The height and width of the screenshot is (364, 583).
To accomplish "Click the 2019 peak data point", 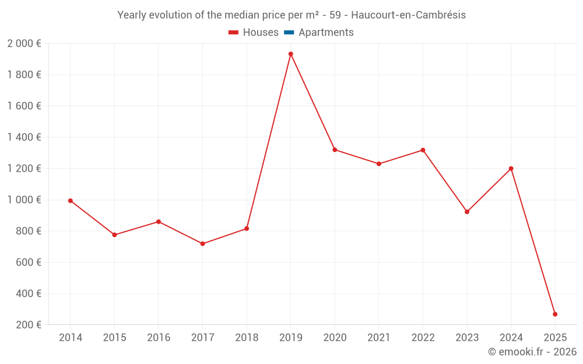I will (290, 54).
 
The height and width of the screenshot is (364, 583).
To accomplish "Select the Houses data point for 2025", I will (555, 314).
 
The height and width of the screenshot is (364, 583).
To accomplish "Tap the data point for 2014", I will (71, 201).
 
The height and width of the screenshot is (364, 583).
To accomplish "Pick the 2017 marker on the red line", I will (202, 244).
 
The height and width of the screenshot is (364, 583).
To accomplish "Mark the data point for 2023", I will (467, 212).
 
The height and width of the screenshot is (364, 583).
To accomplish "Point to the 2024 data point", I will (511, 169).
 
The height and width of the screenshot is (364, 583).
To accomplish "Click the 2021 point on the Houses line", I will (379, 164).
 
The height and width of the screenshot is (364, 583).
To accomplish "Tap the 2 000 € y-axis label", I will (24, 44).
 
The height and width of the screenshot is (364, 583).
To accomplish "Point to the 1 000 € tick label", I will (24, 200).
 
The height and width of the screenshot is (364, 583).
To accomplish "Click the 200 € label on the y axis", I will (28, 325).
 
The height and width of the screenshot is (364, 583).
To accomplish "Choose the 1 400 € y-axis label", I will (24, 137).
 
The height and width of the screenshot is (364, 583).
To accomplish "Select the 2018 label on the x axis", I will (247, 338).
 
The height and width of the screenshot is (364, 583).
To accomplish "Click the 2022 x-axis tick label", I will (423, 338).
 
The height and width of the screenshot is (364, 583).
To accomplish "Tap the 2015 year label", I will (114, 338).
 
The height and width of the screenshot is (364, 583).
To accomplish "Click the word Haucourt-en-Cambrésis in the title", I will (408, 15).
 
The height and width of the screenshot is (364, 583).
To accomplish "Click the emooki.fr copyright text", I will (532, 352).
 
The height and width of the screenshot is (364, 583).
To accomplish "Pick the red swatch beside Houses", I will (234, 33).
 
